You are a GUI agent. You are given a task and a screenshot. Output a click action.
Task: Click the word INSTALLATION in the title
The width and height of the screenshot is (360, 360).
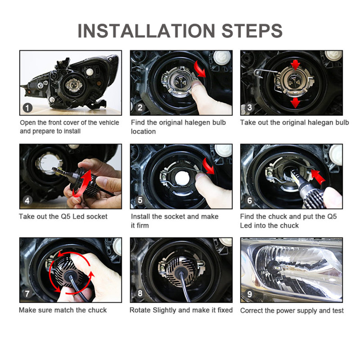pyautogui.click(x=146, y=30)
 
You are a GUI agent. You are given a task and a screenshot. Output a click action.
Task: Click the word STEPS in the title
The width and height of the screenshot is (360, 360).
pyautogui.click(x=252, y=30)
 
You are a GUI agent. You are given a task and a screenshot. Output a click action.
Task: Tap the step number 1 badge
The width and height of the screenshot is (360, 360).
pyautogui.click(x=28, y=108)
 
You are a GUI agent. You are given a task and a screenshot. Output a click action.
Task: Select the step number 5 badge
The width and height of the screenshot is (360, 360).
pyautogui.click(x=140, y=200)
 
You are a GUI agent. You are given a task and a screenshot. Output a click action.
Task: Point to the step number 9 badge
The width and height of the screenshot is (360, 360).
pyautogui.click(x=249, y=294)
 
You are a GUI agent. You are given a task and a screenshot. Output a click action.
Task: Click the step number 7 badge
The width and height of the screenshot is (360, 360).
pyautogui.click(x=27, y=294)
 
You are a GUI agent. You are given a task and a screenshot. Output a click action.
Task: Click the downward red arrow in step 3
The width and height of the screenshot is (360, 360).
pyautogui.click(x=295, y=103)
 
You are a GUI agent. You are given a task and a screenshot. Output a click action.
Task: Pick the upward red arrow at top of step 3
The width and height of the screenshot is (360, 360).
pyautogui.click(x=295, y=65)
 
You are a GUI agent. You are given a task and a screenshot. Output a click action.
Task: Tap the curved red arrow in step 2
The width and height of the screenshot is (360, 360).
pyautogui.click(x=200, y=69)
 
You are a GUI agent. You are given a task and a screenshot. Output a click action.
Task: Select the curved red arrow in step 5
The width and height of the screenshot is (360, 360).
pyautogui.click(x=208, y=166)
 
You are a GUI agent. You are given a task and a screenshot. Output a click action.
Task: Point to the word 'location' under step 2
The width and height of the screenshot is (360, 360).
pyautogui.click(x=143, y=132)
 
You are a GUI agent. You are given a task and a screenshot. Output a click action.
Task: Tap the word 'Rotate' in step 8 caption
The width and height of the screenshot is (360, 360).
pyautogui.click(x=140, y=310)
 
